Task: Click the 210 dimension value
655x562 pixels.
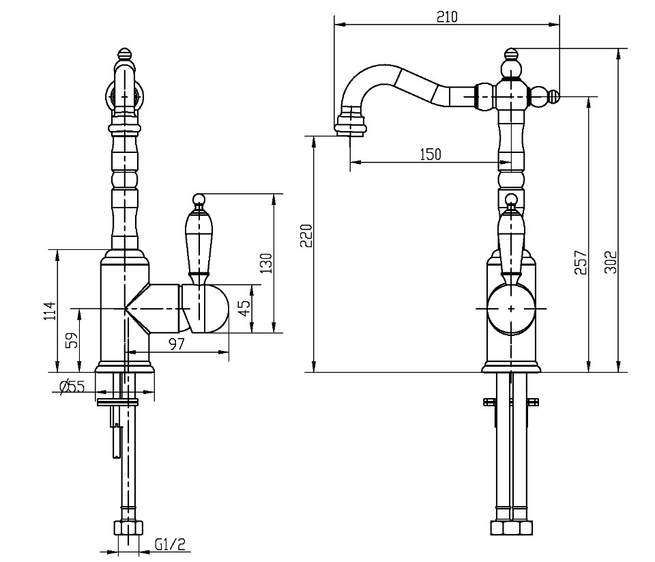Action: tap(447, 16)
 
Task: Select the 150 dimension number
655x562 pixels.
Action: tap(431, 154)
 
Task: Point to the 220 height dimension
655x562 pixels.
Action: tap(307, 236)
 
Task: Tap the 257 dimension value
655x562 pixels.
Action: tap(581, 262)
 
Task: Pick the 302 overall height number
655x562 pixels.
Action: tap(610, 262)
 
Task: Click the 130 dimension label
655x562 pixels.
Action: tap(266, 263)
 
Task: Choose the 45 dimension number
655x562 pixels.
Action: tap(245, 309)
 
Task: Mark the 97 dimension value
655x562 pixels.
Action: tap(177, 344)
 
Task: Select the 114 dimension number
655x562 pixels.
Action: tap(49, 311)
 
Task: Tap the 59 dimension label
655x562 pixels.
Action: tap(72, 341)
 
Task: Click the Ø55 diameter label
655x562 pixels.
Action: tap(72, 387)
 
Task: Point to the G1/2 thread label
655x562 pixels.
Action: tap(170, 544)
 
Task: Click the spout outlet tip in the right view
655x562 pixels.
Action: tap(350, 133)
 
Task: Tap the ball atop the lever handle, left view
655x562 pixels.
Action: tap(198, 199)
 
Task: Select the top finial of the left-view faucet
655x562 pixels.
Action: tap(125, 54)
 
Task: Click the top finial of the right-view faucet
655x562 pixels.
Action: tap(511, 54)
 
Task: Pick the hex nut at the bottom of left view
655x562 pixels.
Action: tap(128, 528)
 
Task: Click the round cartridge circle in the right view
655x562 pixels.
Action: tap(511, 309)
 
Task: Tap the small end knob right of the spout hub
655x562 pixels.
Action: tap(553, 96)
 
